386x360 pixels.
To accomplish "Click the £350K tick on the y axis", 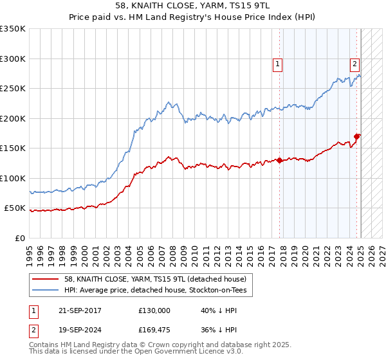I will (x=13, y=29).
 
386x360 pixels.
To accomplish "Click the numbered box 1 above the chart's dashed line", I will (x=277, y=63).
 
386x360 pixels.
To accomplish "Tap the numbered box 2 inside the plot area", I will (x=354, y=63).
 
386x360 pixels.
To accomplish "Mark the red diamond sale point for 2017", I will (x=280, y=161).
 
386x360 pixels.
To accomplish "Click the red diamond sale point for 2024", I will (x=357, y=136).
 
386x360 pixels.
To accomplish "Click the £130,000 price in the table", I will (x=154, y=310).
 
